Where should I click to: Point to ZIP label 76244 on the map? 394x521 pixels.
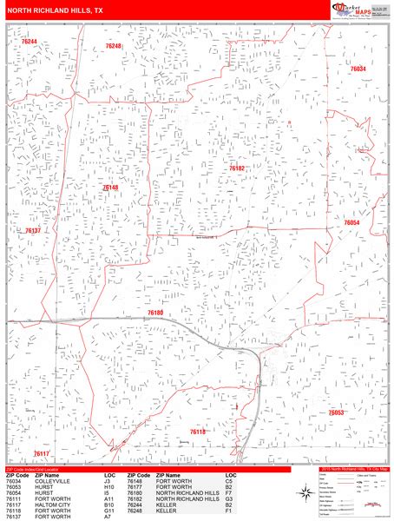click(30, 41)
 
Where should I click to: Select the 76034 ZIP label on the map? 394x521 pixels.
click(358, 68)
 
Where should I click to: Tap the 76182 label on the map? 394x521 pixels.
click(237, 168)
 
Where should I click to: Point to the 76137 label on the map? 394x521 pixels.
click(33, 231)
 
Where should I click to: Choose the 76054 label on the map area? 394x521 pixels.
click(351, 223)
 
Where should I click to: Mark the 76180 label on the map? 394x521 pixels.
click(155, 312)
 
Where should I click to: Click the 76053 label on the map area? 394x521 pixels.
click(337, 412)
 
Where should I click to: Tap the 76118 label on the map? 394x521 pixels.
click(198, 432)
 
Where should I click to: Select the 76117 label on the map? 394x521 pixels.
click(42, 453)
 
